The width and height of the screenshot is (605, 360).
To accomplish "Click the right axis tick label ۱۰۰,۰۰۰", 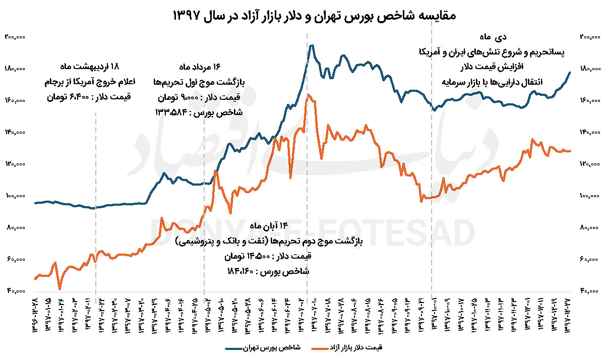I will pos(586,196).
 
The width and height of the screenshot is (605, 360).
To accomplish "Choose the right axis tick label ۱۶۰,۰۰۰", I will pos(586,100).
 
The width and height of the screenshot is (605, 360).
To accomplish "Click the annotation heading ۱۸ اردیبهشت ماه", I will pos(95,67).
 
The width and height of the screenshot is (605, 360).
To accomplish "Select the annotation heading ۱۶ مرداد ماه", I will pos(200,67).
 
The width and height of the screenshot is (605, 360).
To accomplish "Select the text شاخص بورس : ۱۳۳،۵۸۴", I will pos(200,112).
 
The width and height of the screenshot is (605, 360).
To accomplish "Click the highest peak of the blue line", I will pos(312,45).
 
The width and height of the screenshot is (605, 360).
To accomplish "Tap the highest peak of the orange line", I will pos(308,94).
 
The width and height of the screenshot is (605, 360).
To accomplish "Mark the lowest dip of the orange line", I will pos(60,289).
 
